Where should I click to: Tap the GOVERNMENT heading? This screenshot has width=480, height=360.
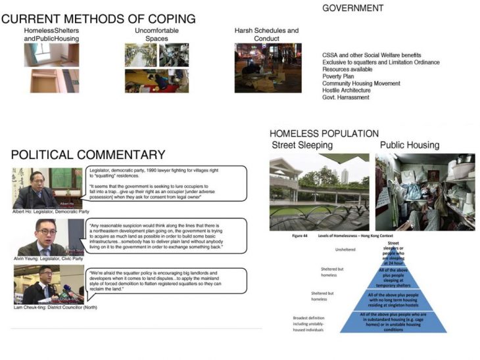click(352, 9)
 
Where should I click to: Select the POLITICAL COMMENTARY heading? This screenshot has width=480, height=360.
click(88, 155)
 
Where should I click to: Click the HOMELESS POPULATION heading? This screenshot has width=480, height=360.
click(324, 134)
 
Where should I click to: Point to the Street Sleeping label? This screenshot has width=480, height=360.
click(302, 145)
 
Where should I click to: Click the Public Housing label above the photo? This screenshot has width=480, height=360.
click(409, 145)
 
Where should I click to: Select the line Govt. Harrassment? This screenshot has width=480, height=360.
click(346, 97)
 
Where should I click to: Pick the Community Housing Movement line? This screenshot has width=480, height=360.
click(362, 83)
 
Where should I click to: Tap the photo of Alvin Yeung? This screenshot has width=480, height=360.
click(47, 237)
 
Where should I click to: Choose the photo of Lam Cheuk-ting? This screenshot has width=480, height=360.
click(47, 284)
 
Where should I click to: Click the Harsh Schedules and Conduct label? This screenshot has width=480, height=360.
click(266, 34)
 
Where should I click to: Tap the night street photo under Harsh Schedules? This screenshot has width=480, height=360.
click(268, 68)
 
